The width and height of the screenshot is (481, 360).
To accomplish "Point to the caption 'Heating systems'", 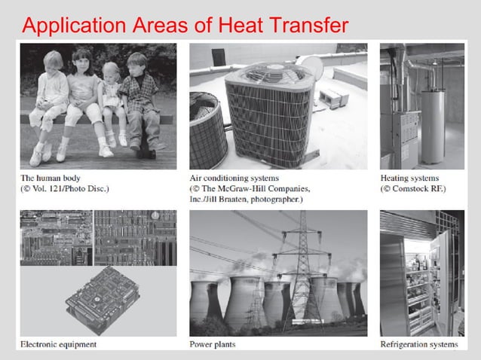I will pyautogui.click(x=410, y=178).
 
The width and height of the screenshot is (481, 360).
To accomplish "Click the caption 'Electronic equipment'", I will pyautogui.click(x=59, y=345).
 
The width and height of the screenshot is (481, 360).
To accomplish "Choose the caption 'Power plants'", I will pyautogui.click(x=213, y=345).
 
